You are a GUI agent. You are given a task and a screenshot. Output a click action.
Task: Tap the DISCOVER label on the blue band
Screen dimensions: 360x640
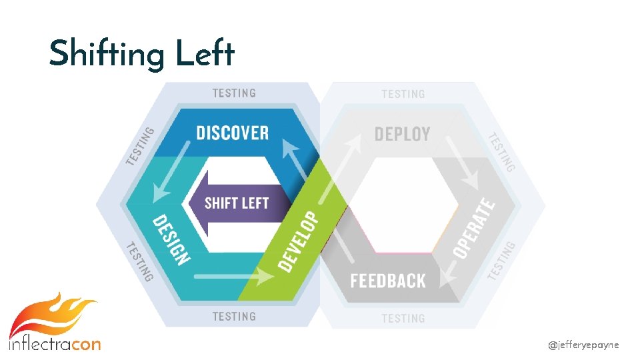[233, 133]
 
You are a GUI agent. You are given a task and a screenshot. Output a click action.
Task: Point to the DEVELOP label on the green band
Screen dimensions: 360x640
[297, 241]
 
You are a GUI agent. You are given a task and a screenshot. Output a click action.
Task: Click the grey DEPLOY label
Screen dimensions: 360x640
[402, 133]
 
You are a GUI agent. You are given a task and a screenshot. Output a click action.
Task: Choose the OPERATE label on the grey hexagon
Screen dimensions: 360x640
[475, 229]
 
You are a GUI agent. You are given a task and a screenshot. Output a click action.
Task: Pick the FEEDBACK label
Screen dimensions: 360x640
[388, 281]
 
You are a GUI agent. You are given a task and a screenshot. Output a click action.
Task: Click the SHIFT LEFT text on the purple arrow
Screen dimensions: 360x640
[237, 203]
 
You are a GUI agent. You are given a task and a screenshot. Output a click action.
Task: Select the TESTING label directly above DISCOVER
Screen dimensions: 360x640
[234, 93]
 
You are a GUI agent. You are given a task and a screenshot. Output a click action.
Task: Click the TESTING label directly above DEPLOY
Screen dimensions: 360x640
[403, 94]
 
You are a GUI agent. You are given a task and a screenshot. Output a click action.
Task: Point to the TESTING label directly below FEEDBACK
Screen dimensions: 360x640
[403, 319]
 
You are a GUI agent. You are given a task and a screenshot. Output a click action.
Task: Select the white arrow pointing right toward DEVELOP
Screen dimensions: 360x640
[233, 275]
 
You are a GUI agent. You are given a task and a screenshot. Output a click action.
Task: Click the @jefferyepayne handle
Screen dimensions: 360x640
[583, 345]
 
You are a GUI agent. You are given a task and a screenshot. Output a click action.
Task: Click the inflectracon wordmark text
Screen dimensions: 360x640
[55, 344]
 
